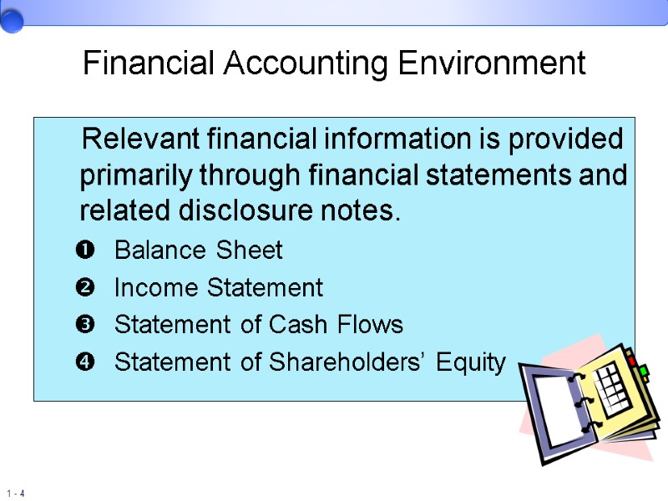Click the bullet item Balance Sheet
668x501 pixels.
pos(198,250)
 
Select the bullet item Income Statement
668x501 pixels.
pos(218,287)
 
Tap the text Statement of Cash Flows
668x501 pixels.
pos(258,324)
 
